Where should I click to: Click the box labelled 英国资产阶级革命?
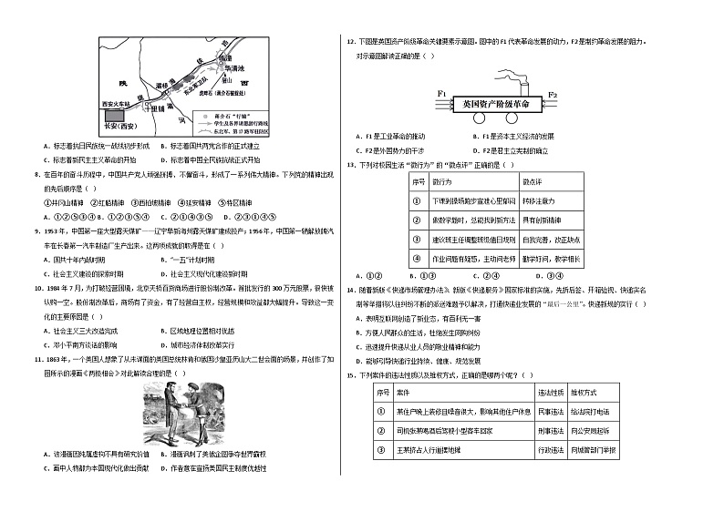click(x=496, y=104)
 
